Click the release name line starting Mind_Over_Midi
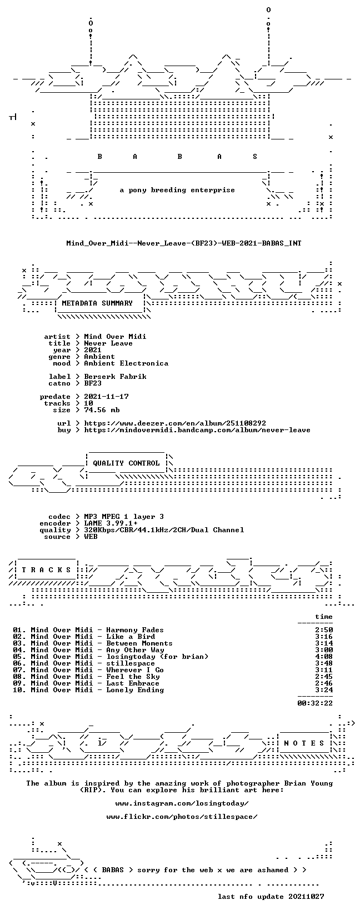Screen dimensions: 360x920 [x=183, y=243]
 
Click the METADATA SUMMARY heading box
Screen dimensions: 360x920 [x=97, y=303]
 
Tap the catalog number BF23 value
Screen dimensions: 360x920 [x=93, y=383]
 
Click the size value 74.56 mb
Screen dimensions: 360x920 [x=102, y=410]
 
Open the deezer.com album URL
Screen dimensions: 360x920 [x=175, y=423]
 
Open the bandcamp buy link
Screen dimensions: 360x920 [x=197, y=430]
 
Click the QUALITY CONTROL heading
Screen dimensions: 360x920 [x=126, y=463]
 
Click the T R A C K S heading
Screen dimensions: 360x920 [x=46, y=570]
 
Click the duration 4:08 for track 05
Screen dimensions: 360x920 [x=324, y=657]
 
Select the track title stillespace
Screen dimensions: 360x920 [x=131, y=663]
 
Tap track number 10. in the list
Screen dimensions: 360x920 [x=19, y=690]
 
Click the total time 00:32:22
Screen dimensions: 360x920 [x=315, y=703]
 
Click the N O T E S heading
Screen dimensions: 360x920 [x=304, y=743]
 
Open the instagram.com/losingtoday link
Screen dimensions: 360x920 [x=182, y=803]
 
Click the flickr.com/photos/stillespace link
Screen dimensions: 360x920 [x=182, y=817]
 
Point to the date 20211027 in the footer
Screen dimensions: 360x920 [x=306, y=896]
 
